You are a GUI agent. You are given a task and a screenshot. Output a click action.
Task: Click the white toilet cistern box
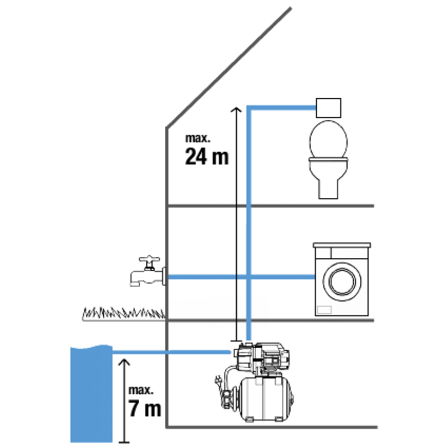click(329, 107)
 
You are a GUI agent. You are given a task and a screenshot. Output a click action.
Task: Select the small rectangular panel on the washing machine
click(325, 309)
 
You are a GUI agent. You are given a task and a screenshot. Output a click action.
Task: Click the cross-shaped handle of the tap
click(150, 260)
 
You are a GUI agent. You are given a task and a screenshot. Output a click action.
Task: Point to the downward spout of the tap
click(135, 279)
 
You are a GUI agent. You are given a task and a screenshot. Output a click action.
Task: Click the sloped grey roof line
click(230, 67)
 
